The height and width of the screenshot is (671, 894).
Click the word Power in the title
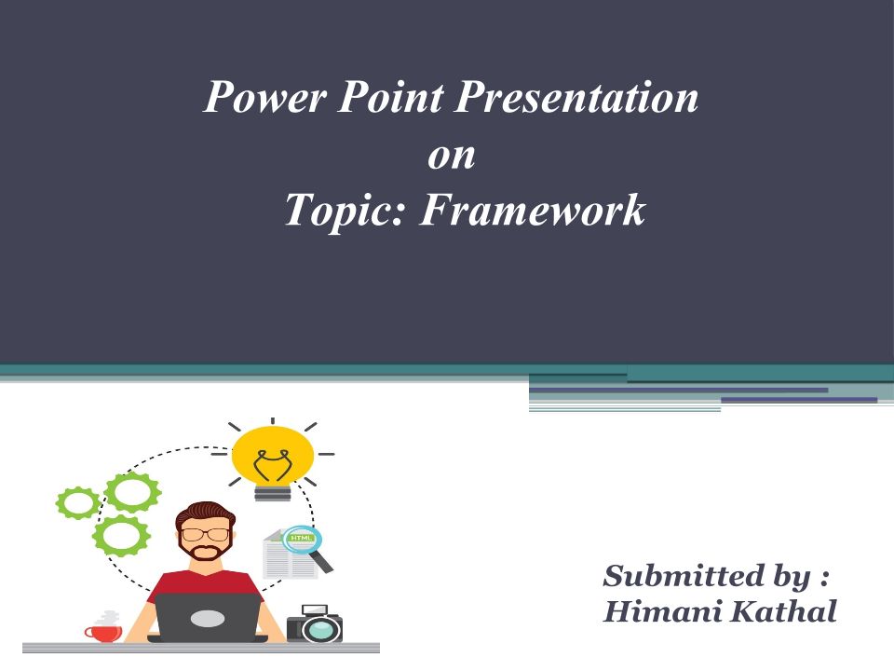[x=265, y=97]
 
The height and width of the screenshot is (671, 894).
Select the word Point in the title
[x=391, y=96]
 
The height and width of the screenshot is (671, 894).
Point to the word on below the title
[x=452, y=157]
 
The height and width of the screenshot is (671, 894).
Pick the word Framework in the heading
[x=533, y=210]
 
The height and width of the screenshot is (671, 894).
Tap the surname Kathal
[x=784, y=610]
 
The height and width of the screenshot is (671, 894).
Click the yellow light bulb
[x=273, y=459]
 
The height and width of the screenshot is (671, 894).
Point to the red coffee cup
[x=103, y=632]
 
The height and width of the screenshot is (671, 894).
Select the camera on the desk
[x=315, y=623]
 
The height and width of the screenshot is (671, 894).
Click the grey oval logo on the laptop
[x=208, y=618]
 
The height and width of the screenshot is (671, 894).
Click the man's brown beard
[x=205, y=548]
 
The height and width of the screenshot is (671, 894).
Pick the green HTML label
[x=300, y=538]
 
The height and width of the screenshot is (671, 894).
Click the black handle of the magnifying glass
[x=321, y=561]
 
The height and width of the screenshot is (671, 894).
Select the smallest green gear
[x=78, y=502]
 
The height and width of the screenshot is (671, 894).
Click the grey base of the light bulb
[x=273, y=493]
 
